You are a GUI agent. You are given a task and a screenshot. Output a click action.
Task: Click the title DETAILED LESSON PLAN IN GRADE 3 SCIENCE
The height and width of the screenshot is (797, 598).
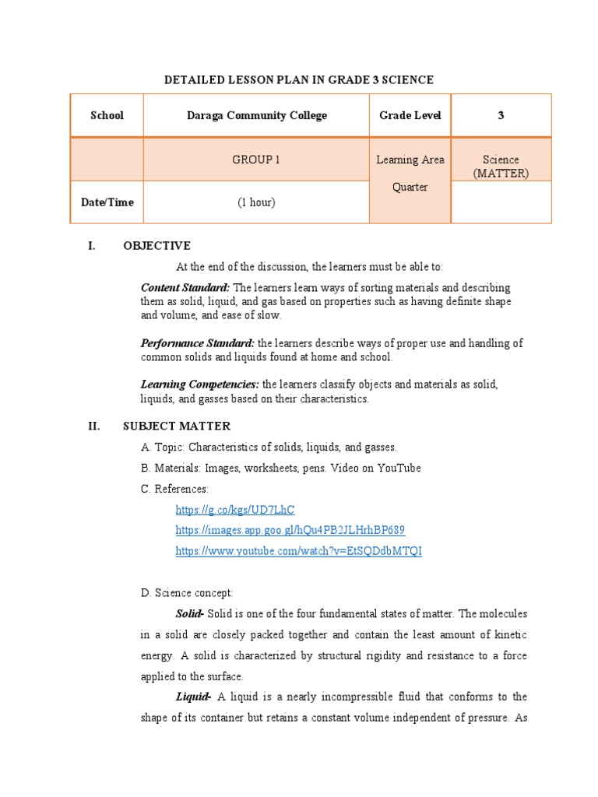tap(298, 79)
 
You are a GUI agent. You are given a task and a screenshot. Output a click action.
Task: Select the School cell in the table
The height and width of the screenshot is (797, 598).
tap(107, 115)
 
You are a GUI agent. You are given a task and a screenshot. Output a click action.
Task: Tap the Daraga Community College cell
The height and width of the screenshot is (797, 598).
tap(256, 115)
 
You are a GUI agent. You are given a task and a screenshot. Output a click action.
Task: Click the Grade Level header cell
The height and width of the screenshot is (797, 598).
tap(410, 115)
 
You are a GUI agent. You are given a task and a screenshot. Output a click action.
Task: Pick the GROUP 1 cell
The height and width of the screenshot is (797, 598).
tap(256, 160)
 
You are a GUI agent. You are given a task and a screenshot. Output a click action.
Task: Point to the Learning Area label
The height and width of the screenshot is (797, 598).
tap(410, 160)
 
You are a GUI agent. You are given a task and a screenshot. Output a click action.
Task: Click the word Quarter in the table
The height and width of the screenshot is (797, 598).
tap(410, 188)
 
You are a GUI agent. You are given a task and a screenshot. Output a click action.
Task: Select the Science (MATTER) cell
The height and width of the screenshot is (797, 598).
tap(501, 166)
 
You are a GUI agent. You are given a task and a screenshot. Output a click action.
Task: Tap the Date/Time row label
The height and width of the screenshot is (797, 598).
tap(107, 202)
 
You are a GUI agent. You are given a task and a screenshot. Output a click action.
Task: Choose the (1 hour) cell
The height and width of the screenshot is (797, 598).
tap(256, 202)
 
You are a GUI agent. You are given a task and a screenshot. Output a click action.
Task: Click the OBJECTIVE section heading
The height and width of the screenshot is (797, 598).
tap(157, 246)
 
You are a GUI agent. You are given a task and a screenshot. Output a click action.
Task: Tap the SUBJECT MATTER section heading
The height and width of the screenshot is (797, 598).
tap(177, 426)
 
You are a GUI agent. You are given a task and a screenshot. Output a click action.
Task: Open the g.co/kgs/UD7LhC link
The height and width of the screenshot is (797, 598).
tap(235, 510)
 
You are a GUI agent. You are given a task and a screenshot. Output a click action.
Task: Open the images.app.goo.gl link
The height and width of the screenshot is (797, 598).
tap(290, 530)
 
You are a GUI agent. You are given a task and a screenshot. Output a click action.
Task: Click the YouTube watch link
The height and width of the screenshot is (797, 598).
tap(298, 551)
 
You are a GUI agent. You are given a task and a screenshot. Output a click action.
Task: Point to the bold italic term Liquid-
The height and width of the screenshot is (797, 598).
tap(194, 697)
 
